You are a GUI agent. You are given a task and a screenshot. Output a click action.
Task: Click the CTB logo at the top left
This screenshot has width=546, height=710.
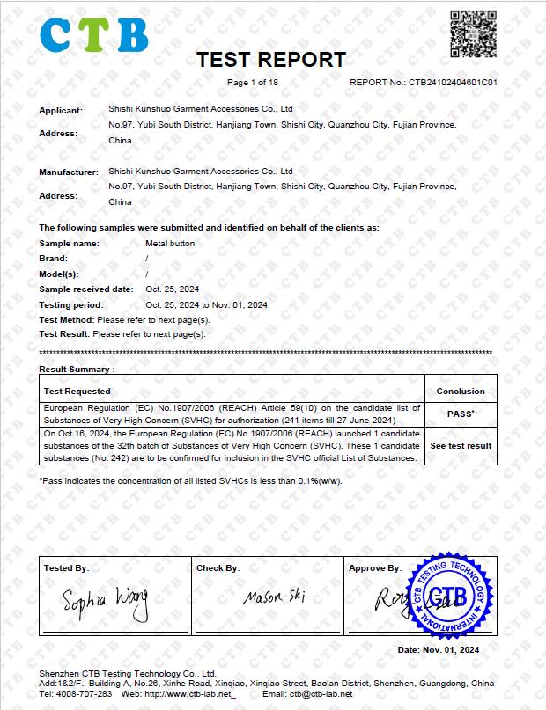pyautogui.click(x=92, y=35)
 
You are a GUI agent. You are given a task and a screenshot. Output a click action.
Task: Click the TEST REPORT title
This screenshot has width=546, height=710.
pyautogui.click(x=270, y=60)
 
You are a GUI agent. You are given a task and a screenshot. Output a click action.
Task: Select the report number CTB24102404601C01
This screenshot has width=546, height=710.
pyautogui.click(x=453, y=83)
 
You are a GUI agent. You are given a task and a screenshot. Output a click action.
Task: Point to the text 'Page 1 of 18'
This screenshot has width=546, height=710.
pyautogui.click(x=253, y=83)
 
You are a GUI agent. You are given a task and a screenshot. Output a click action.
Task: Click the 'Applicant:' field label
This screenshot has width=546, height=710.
pyautogui.click(x=61, y=110)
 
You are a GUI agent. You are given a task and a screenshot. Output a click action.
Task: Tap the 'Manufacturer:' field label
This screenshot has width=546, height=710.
pyautogui.click(x=69, y=172)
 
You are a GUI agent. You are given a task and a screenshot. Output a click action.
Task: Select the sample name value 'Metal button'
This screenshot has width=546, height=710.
pyautogui.click(x=170, y=243)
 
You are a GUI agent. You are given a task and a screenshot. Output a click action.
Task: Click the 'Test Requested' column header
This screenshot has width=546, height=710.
pyautogui.click(x=77, y=391)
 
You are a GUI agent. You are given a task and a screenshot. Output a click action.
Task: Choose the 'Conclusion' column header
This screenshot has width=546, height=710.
pyautogui.click(x=461, y=391)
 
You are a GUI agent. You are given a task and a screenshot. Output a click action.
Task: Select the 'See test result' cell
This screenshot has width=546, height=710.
pyautogui.click(x=461, y=446)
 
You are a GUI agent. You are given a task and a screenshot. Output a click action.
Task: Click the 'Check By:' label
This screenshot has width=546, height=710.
pyautogui.click(x=218, y=568)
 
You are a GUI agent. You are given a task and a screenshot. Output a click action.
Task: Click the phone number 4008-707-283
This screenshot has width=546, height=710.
pyautogui.click(x=86, y=694)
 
